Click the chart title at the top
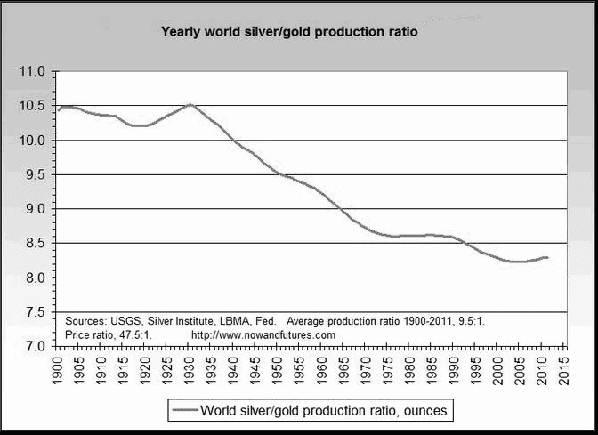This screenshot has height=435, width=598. tap(288, 32)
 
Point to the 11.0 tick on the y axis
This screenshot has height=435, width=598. tap(34, 71)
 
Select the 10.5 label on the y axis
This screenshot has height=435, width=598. tap(34, 106)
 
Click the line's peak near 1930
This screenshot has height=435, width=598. tap(190, 104)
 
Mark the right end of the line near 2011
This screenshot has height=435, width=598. tap(547, 257)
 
